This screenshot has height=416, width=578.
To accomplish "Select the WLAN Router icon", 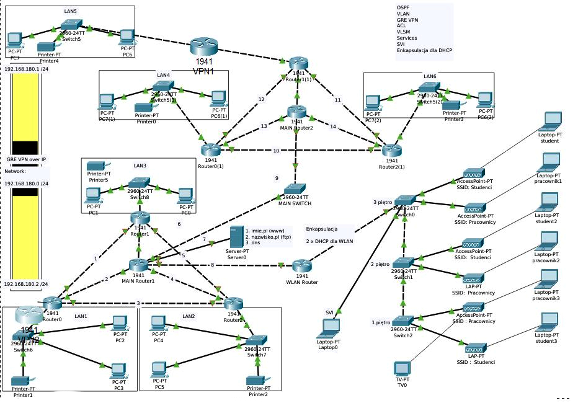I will (301, 267).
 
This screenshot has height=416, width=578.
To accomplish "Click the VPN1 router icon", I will (204, 46).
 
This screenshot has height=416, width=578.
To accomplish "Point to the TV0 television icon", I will (402, 368).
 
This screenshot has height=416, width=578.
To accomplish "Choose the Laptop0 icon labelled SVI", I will (329, 329).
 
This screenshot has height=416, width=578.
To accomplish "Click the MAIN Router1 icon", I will (138, 265).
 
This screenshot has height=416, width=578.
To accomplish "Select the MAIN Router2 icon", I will (296, 113).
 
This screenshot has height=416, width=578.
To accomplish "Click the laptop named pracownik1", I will (548, 163).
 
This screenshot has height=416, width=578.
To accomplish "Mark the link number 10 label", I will (276, 151).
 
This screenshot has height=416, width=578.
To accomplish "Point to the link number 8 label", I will (212, 265).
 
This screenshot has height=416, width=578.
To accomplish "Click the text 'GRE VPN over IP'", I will (26, 159).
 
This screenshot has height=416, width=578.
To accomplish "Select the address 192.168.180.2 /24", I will (27, 283).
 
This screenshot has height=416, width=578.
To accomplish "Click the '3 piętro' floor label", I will (383, 202).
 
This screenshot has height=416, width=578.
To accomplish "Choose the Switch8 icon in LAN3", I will (138, 185).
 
